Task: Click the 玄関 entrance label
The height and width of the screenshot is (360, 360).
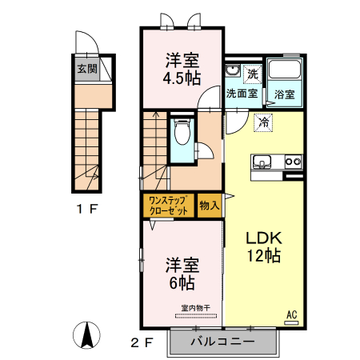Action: [x=87, y=69]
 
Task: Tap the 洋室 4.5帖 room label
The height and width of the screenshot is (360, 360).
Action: [x=183, y=69]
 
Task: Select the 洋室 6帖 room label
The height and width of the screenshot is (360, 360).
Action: [x=182, y=274]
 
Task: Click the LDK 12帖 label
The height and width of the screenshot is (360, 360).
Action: [x=262, y=247]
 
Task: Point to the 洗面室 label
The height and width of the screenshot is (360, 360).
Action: [x=241, y=94]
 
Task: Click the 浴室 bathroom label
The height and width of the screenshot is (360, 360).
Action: [x=285, y=94]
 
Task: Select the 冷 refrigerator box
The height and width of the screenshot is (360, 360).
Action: [x=262, y=122]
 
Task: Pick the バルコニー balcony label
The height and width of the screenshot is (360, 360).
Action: [x=223, y=342]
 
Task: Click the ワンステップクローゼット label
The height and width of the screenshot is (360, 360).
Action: [x=168, y=206]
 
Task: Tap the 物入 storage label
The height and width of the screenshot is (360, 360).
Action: [x=210, y=206]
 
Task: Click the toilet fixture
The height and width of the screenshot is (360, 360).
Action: [x=182, y=133]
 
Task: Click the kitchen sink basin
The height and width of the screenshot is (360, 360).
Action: [x=262, y=162]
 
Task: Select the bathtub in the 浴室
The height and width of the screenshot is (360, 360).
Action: [x=283, y=74]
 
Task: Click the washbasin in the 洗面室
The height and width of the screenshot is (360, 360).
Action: [x=232, y=72]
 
